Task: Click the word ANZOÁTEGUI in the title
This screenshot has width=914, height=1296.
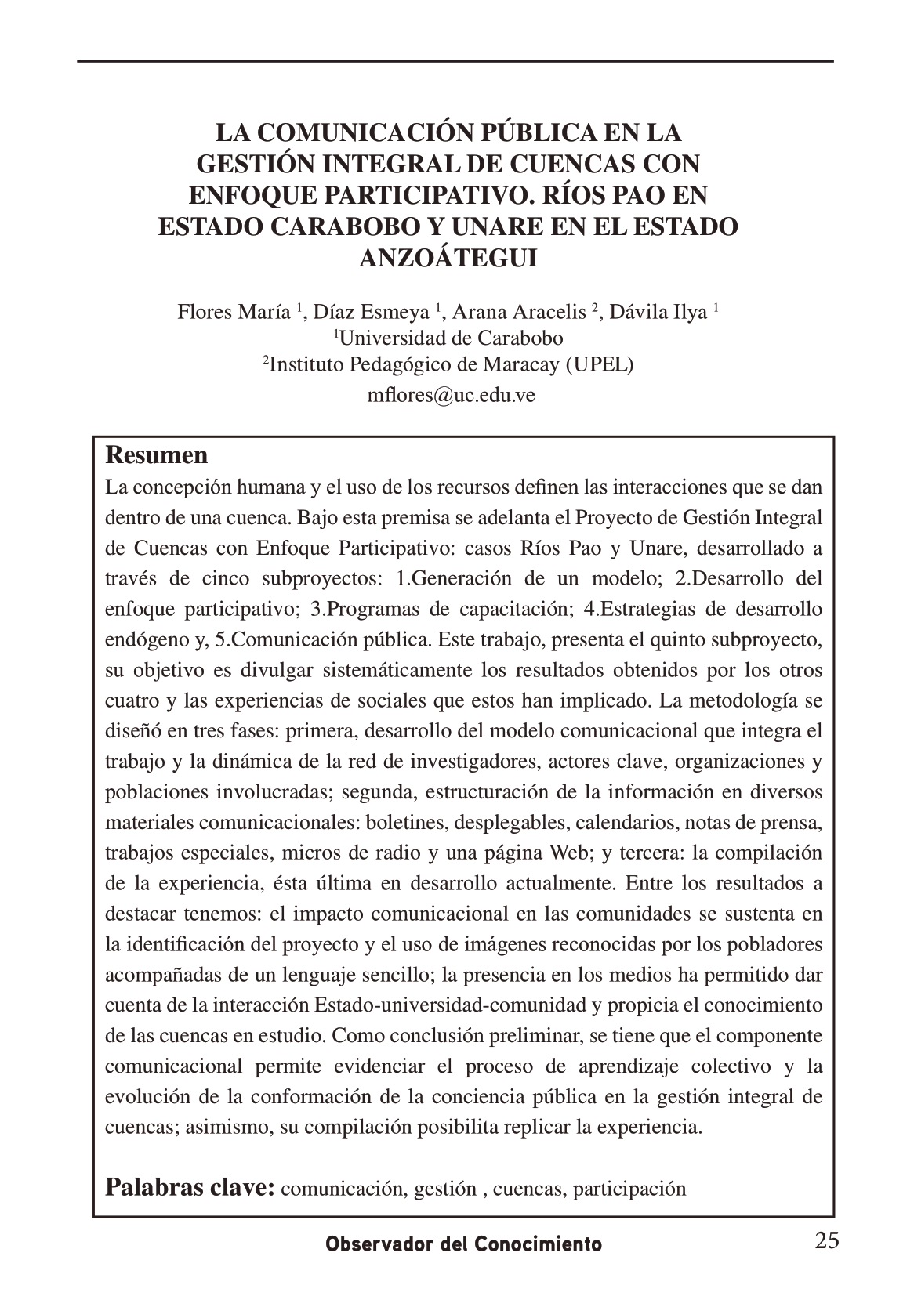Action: [448, 258]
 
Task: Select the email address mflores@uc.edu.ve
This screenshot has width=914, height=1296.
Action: [451, 395]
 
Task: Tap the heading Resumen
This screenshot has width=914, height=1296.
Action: [157, 455]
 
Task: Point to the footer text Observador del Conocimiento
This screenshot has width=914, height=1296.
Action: [464, 1244]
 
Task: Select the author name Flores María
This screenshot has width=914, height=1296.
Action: [234, 313]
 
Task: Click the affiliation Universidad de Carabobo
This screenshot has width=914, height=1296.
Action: [451, 338]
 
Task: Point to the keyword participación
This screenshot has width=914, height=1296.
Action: [629, 1189]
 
